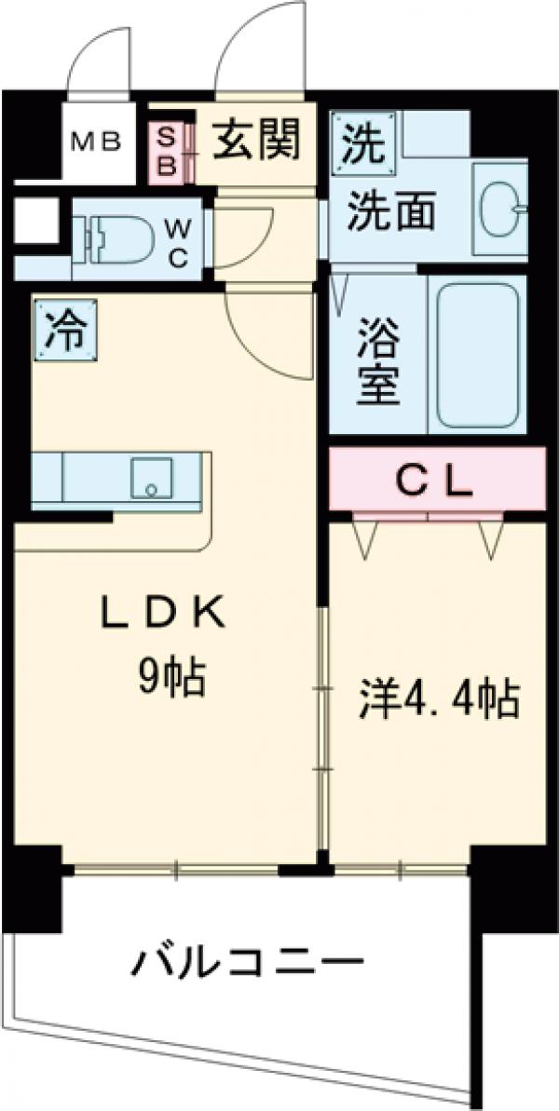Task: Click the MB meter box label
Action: pos(97,142)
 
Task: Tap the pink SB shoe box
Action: pos(169,152)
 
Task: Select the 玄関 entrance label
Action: pos(258,141)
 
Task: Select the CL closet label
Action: pos(436,481)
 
